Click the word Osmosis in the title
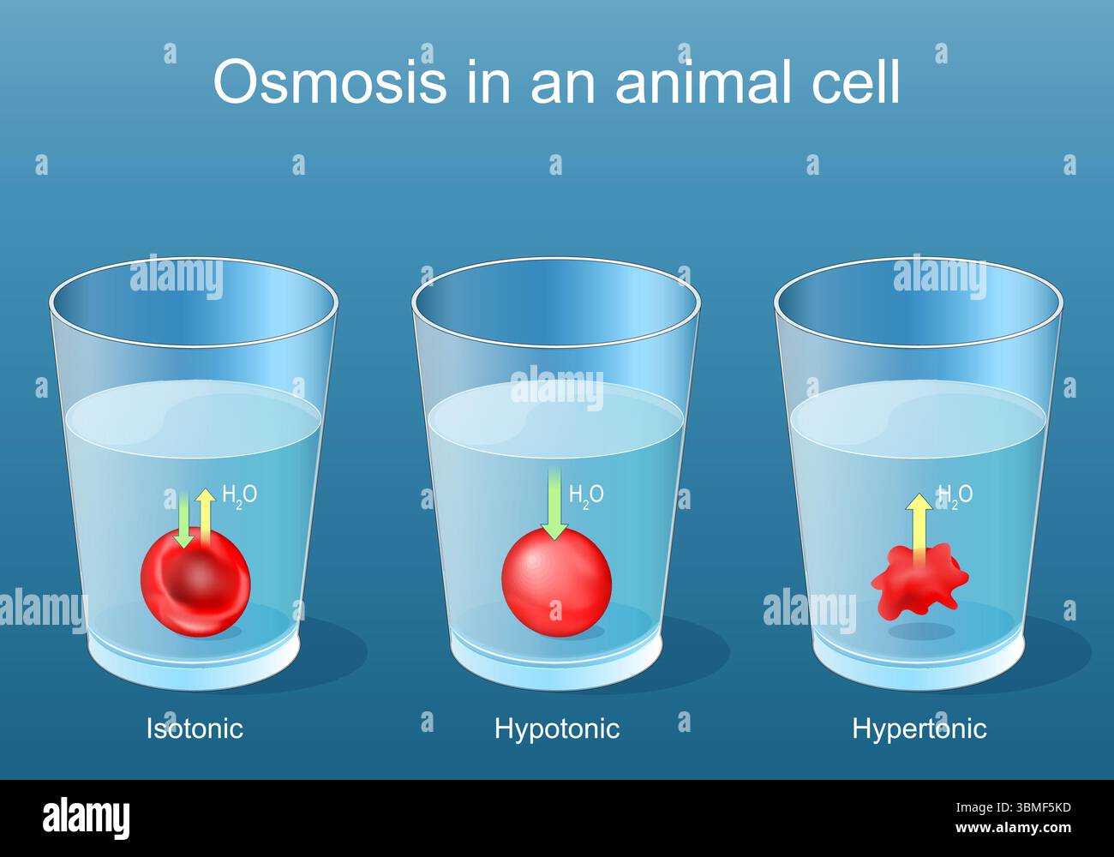tap(330, 82)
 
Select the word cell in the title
tap(853, 82)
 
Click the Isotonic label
tap(195, 728)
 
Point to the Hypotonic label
tap(557, 728)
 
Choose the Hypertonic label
tap(919, 728)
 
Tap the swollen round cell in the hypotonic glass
tap(556, 583)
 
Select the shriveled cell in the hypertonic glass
tap(919, 583)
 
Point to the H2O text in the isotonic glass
tap(239, 494)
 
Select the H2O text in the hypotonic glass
tap(586, 494)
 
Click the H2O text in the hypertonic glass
tap(955, 494)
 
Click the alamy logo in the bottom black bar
tap(86, 818)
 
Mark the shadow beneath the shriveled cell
tap(921, 632)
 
